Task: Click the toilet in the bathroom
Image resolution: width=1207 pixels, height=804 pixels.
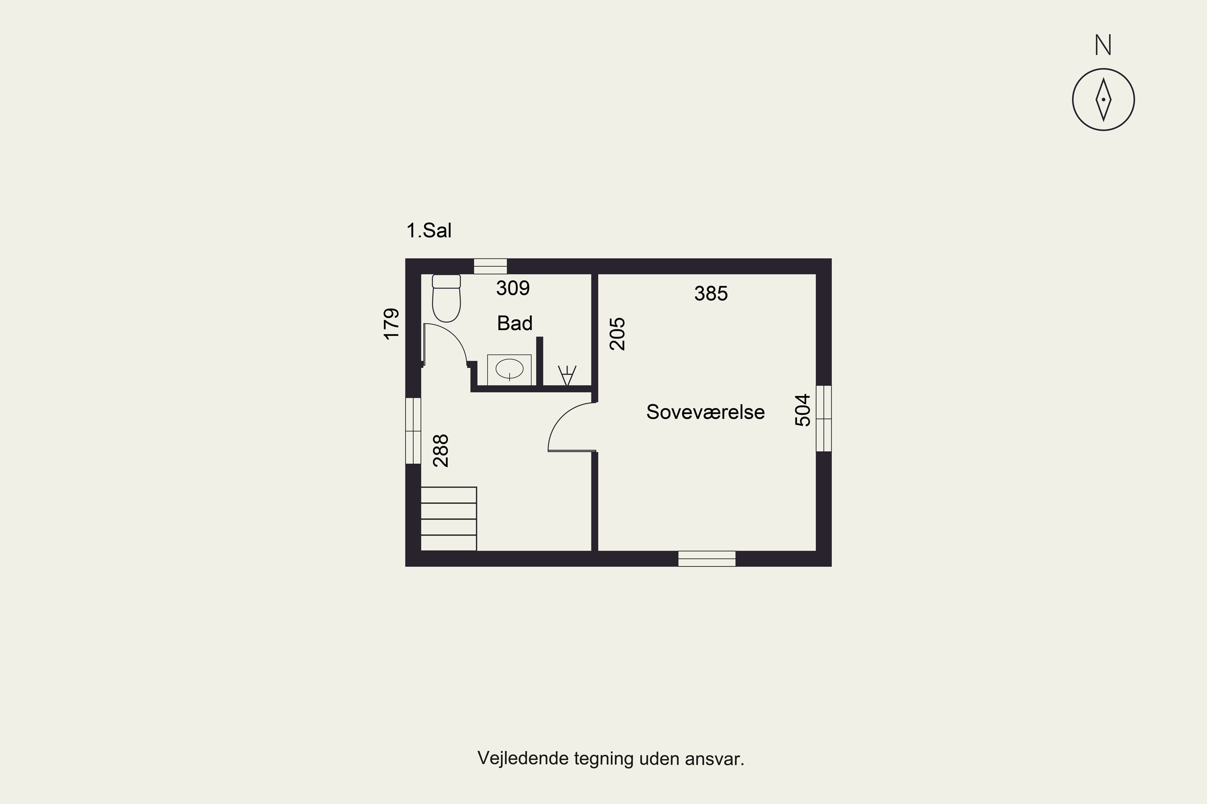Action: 446,298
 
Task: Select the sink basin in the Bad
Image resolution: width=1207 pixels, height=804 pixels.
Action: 509,369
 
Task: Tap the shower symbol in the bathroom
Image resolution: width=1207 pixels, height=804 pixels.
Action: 567,375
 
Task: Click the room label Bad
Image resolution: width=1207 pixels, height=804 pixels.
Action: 515,323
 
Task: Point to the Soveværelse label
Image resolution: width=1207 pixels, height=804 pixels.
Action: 705,412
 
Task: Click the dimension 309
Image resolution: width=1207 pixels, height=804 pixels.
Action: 513,288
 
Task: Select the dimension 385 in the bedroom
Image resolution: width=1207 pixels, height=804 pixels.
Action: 711,293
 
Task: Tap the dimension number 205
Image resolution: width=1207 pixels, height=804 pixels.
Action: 617,333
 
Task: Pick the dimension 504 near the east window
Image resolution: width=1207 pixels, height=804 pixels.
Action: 803,410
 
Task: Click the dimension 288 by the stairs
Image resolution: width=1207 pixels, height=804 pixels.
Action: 441,451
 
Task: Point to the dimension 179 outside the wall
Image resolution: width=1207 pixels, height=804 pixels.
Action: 391,324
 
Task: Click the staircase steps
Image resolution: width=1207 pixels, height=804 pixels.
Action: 449,519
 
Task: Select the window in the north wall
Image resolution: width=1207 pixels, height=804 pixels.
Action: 490,266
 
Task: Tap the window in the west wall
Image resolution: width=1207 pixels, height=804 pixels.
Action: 413,431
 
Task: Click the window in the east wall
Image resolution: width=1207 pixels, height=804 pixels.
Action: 824,418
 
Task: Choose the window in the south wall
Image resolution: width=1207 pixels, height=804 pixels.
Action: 706,559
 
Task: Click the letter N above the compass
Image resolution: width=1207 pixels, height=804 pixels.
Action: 1103,45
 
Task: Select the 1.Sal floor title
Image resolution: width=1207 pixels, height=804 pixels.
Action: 429,231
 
